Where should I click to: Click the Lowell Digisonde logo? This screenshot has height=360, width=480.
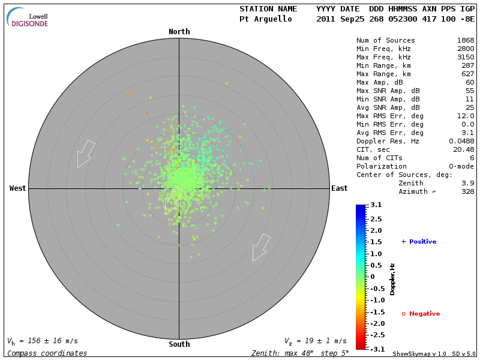[x=28, y=17]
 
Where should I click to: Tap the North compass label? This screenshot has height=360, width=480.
[x=179, y=32]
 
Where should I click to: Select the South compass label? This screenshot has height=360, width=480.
[x=179, y=344]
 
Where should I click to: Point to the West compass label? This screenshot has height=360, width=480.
[x=18, y=188]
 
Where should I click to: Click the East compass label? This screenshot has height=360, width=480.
[x=340, y=188]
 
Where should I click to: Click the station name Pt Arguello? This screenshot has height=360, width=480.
[x=266, y=19]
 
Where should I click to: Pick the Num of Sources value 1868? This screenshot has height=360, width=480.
[x=465, y=41]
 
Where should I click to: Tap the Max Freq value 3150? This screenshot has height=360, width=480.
[x=465, y=58]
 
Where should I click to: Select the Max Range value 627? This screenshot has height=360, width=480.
[x=467, y=74]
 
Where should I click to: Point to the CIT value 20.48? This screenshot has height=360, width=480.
[x=463, y=149]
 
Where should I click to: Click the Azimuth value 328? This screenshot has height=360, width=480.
[x=467, y=191]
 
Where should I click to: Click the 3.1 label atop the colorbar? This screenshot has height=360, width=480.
[x=376, y=205]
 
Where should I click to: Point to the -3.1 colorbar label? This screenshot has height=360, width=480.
[x=376, y=349]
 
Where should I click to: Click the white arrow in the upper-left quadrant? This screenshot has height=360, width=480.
[x=85, y=154]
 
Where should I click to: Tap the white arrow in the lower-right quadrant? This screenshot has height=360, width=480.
[x=260, y=247]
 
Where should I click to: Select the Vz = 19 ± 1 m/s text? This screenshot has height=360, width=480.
[x=315, y=341]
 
